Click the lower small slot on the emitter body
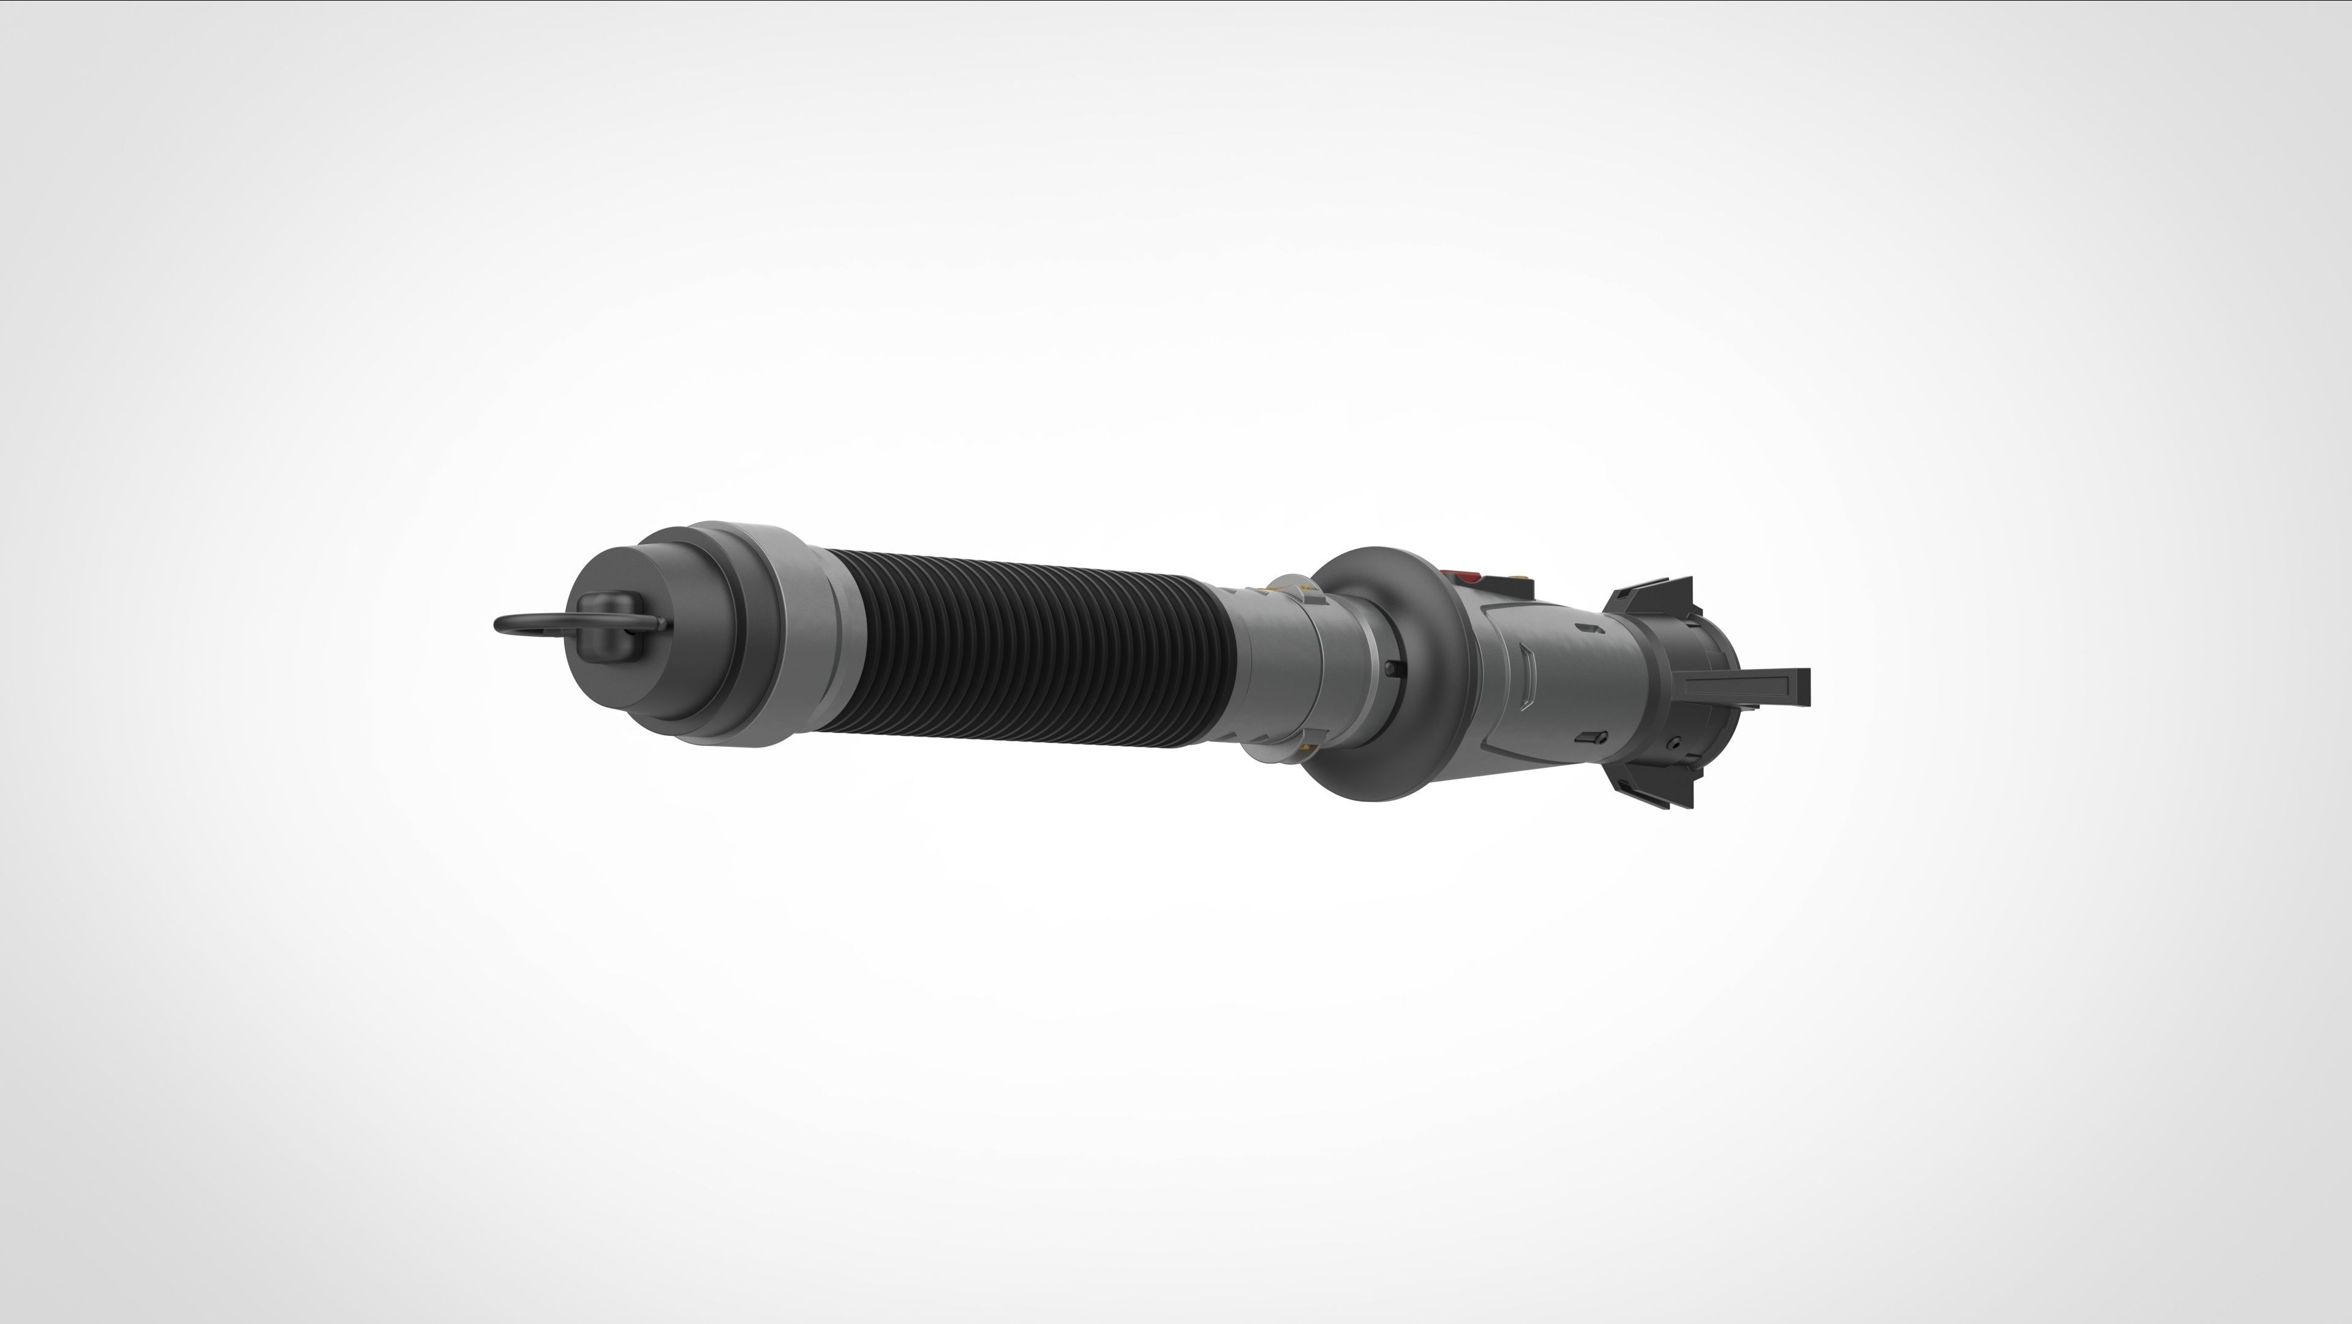(1593, 737)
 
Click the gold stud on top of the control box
(1521, 577)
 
